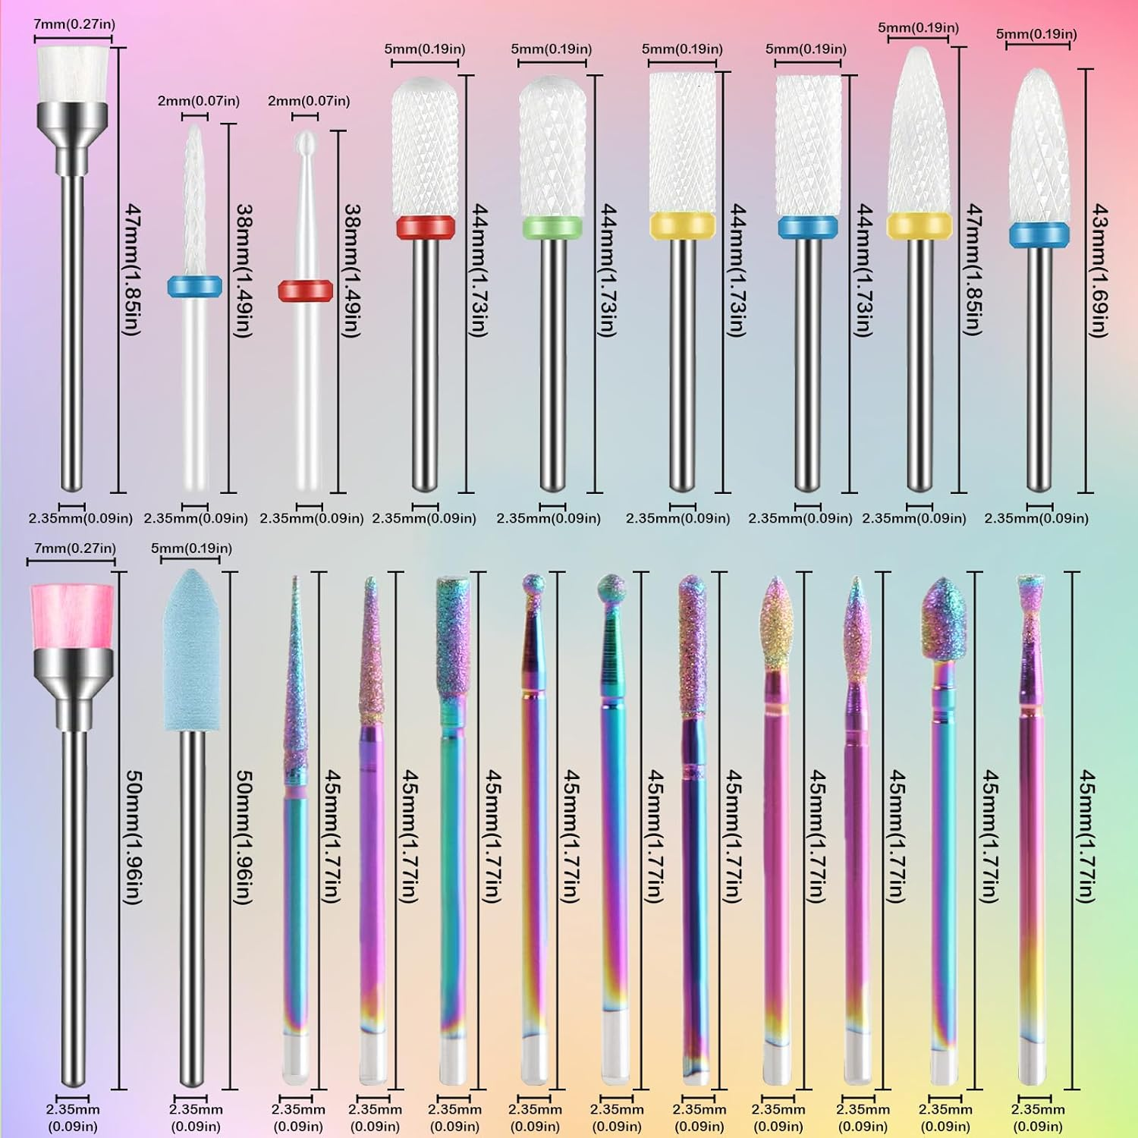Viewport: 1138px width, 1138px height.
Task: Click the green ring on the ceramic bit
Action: click(552, 225)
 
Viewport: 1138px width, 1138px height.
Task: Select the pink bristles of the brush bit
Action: click(72, 615)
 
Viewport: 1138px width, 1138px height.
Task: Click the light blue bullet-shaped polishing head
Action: click(192, 649)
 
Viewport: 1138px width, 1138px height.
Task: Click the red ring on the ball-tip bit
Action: click(305, 290)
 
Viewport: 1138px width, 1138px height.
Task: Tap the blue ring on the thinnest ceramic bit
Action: click(195, 285)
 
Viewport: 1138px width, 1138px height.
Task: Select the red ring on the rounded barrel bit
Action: click(425, 226)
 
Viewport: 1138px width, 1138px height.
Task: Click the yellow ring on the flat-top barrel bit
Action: click(682, 225)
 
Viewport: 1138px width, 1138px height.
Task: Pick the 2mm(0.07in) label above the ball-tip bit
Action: click(309, 101)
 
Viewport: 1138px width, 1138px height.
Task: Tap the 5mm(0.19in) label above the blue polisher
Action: click(191, 548)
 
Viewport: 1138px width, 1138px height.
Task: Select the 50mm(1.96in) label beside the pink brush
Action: click(133, 837)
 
